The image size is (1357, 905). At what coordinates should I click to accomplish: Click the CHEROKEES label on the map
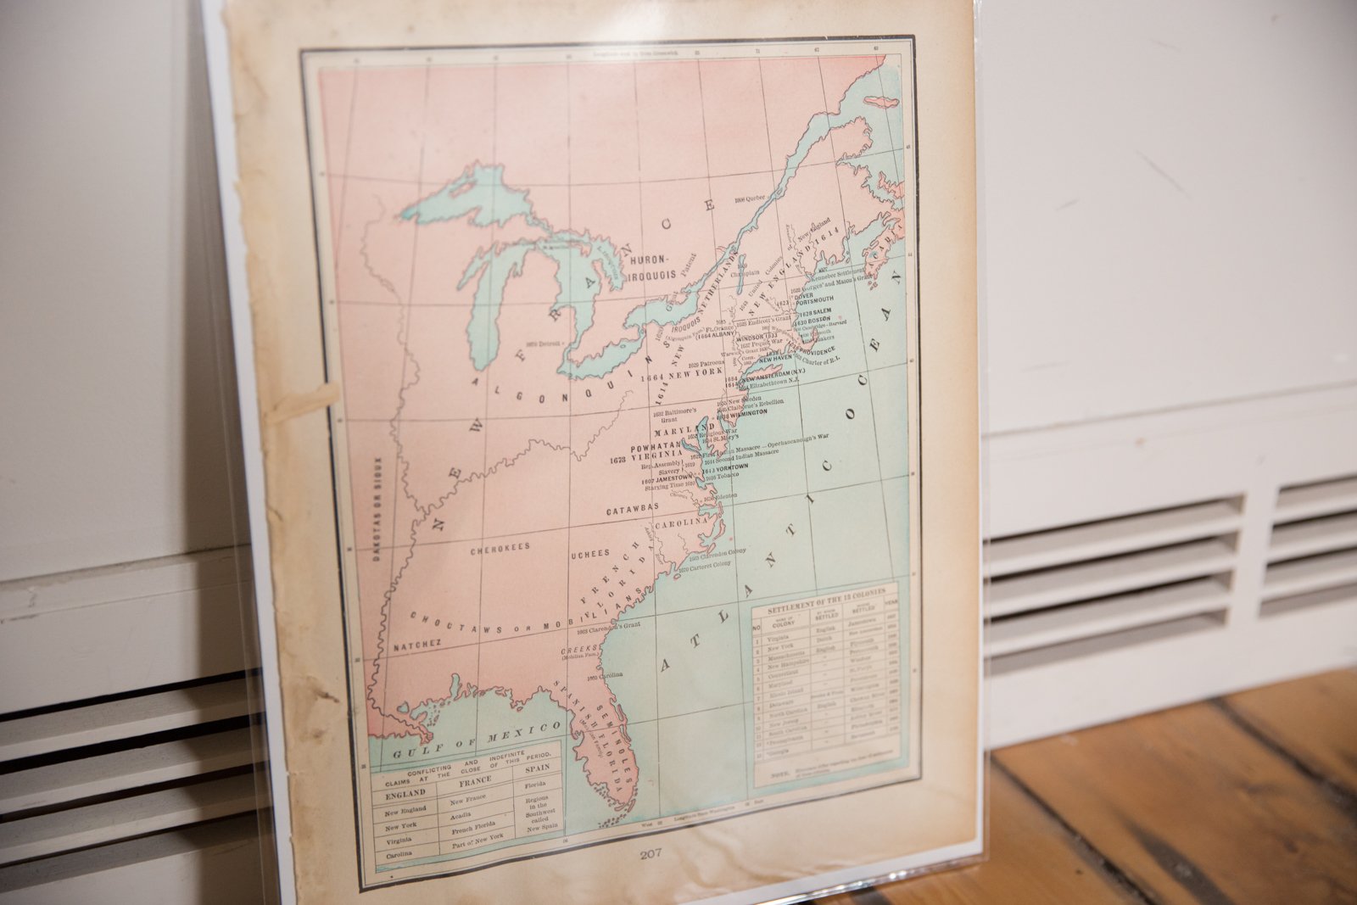[500, 549]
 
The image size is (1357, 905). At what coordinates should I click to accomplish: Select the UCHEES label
[589, 554]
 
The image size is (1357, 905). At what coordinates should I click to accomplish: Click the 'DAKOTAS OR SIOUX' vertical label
[377, 510]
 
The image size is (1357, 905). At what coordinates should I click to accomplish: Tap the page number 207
[651, 854]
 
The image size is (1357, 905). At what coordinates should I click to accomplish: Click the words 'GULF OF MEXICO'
[477, 738]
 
